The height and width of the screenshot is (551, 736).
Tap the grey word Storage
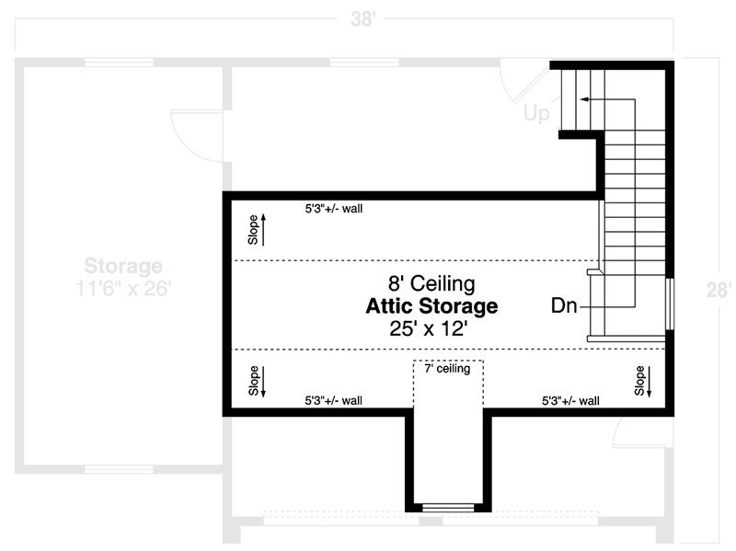(x=123, y=267)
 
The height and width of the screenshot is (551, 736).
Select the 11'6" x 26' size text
(x=123, y=288)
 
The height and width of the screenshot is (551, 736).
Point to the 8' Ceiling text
(x=431, y=283)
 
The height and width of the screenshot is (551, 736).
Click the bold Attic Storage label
(x=431, y=305)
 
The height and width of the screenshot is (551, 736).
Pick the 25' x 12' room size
(x=431, y=328)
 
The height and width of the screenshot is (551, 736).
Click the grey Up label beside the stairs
(x=536, y=114)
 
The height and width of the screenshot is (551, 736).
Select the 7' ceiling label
(x=447, y=369)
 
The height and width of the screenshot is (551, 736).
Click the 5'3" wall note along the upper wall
(x=334, y=209)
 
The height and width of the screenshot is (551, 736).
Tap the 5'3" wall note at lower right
(x=570, y=401)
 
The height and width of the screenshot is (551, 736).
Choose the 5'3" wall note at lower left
(x=334, y=401)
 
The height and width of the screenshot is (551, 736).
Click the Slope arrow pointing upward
(x=259, y=229)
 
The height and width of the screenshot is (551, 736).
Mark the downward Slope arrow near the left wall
(x=259, y=381)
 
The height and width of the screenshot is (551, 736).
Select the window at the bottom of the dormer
(x=446, y=507)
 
